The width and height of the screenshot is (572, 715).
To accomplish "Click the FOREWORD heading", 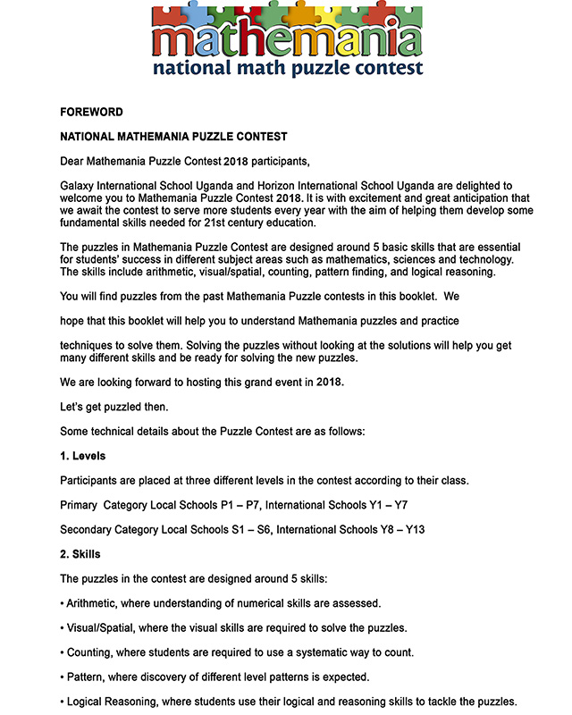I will pos(91,113).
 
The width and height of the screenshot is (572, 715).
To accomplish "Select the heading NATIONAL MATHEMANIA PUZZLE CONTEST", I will pos(173,137).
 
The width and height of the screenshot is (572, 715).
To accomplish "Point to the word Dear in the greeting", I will pos(73,161).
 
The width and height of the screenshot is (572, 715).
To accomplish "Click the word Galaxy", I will pos(79,185).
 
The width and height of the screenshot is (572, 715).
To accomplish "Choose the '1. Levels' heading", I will pos(82,456).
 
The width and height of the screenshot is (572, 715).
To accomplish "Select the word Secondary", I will pos(88,529).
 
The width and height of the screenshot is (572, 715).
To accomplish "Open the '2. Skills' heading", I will pos(80,554).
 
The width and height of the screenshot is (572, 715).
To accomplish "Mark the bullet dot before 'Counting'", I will pos(63,652).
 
